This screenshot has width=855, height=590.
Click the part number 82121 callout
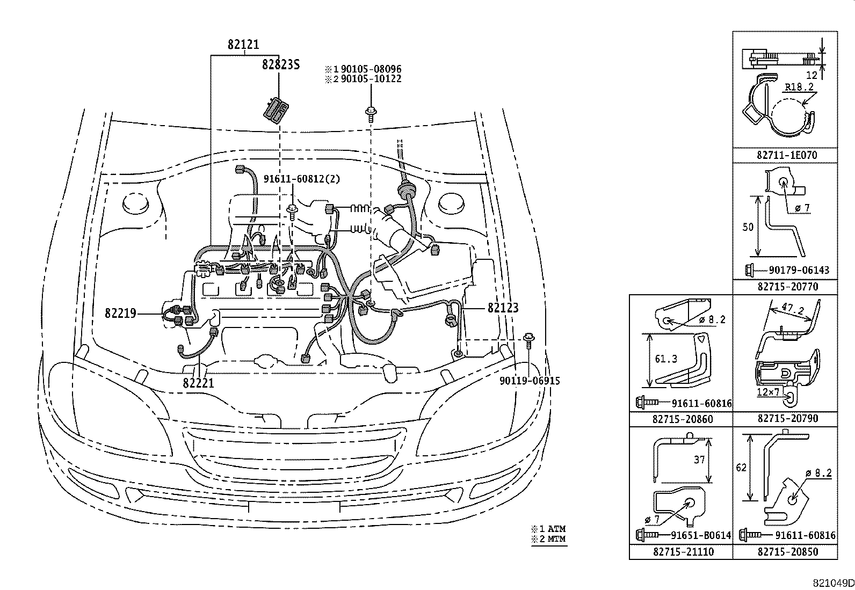pos(243,45)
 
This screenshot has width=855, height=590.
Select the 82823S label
pos(280,64)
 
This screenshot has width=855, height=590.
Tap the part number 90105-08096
pos(371,69)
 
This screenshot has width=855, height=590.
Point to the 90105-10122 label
pos(371,79)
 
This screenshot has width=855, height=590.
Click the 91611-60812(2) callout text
pos(301,179)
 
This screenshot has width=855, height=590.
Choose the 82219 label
pos(121,314)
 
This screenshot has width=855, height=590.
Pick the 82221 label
pos(199,383)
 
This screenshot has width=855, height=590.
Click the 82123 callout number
pos(503,308)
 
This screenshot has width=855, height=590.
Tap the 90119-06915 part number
pos(530,381)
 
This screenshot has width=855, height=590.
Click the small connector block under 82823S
pos(276,110)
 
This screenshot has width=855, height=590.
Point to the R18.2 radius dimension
pos(799,87)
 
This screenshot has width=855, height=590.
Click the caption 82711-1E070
pos(787,155)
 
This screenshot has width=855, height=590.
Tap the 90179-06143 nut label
pos(799,270)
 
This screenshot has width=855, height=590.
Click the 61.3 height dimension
pos(666,359)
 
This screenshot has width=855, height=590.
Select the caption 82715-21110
pos(683,551)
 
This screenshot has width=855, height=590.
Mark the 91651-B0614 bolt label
pos(701,535)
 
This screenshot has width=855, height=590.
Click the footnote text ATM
pos(556,529)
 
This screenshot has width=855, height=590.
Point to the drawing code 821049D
pos(834,582)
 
